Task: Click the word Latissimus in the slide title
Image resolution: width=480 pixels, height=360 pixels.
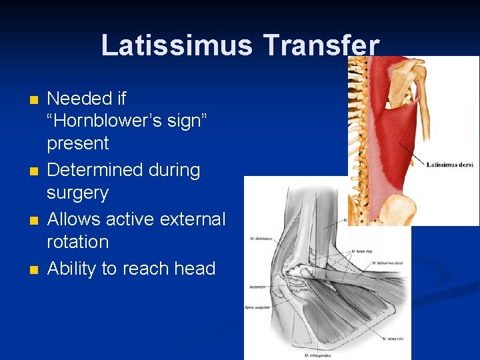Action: [177, 45]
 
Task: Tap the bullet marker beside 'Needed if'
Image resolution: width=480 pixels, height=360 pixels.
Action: [35, 101]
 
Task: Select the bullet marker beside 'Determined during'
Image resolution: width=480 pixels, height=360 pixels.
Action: [35, 172]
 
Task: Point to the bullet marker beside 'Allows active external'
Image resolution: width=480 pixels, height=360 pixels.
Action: [35, 221]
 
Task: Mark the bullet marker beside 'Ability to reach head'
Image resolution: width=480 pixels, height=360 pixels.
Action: [35, 270]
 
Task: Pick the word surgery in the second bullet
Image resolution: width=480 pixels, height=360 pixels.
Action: [77, 193]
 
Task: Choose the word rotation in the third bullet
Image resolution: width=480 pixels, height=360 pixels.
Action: [77, 242]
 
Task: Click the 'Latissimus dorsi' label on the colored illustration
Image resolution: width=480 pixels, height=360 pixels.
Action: [449, 165]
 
